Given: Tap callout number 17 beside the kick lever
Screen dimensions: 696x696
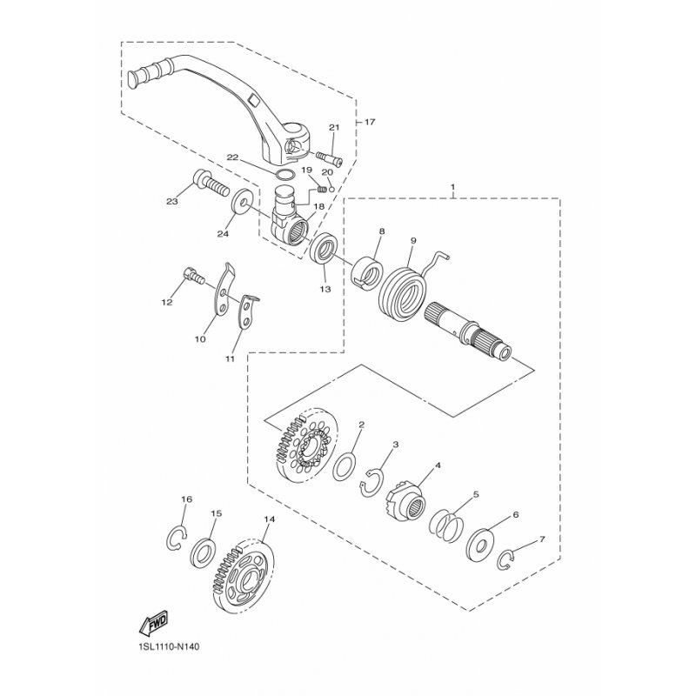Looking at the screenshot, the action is (x=370, y=122).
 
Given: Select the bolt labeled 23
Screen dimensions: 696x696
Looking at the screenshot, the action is (x=211, y=184).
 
